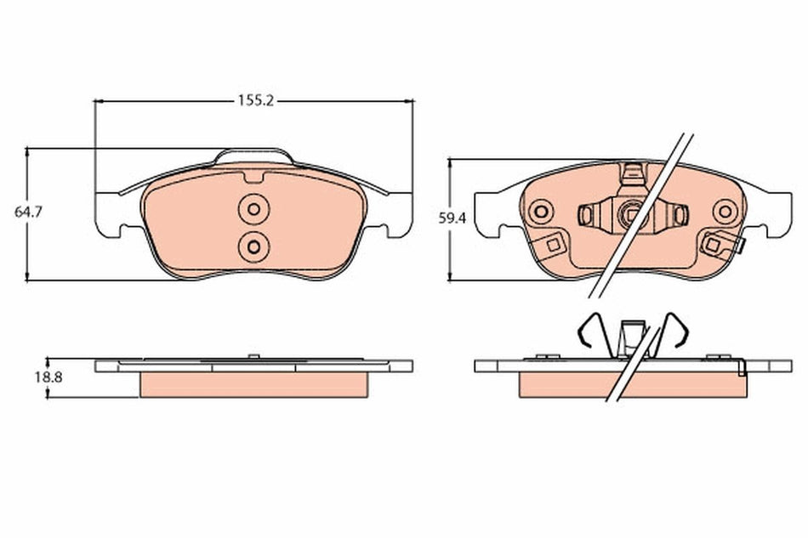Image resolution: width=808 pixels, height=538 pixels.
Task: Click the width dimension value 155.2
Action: [x=254, y=100]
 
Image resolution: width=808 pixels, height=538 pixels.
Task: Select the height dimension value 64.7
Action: [x=26, y=212]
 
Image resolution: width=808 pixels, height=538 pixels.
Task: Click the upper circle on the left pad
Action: [x=253, y=208]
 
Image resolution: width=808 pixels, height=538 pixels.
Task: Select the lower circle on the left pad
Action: [x=253, y=245]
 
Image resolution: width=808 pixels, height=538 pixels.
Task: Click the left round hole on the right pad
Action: [x=538, y=212]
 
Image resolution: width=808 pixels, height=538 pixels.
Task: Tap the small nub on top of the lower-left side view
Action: [x=252, y=356]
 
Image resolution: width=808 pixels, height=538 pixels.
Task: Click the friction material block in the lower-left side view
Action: [x=253, y=383]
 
